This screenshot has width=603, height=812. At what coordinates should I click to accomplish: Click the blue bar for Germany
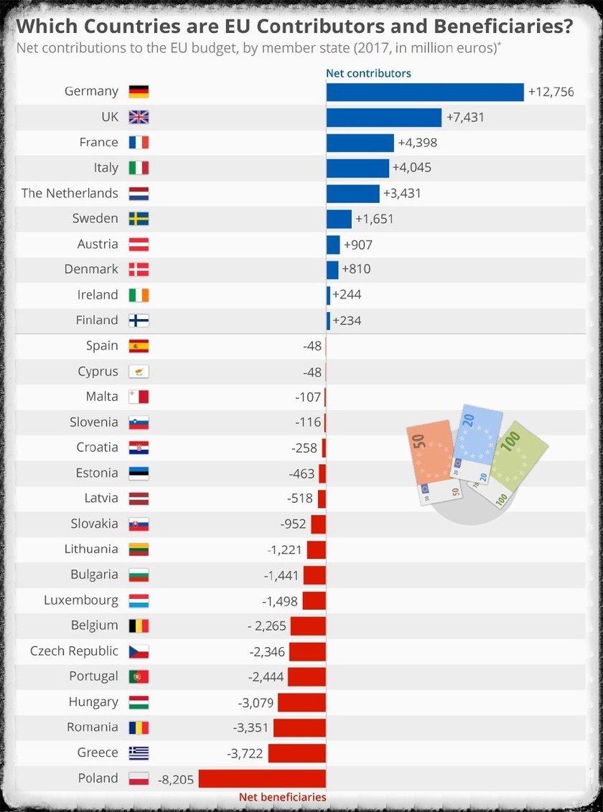coord(425,92)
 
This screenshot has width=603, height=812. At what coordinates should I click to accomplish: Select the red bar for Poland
coord(262,778)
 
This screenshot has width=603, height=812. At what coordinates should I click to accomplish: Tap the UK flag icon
coord(139,117)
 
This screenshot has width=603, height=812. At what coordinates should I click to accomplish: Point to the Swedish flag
coord(139,219)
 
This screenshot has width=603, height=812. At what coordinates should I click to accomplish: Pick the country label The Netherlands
coord(70,193)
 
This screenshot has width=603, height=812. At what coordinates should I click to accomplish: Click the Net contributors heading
coord(368,73)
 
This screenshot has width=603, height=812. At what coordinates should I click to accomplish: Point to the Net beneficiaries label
coord(282,797)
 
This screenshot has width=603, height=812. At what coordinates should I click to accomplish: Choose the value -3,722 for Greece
coord(245,753)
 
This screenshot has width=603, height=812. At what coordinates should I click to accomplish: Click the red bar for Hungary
coord(301,702)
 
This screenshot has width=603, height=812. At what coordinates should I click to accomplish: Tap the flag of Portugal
coord(139,676)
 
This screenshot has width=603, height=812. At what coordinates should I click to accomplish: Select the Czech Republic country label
coord(74,651)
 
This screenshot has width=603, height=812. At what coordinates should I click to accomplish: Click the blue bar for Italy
coord(357,168)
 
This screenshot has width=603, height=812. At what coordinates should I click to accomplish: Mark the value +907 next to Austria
coord(358,245)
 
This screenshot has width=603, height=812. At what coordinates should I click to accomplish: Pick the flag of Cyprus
coord(139,372)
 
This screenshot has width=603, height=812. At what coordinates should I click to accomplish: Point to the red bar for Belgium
coord(307,626)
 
